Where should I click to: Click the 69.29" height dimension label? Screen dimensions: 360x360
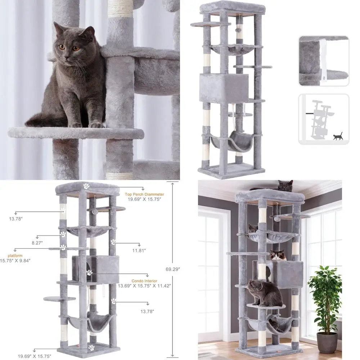pos(173,269)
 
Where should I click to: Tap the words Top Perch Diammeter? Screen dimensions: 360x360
pos(144,194)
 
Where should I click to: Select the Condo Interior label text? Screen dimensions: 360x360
pos(144,281)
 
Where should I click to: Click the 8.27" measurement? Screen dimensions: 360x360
pos(37,243)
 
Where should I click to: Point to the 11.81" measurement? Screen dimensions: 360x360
pos(139,251)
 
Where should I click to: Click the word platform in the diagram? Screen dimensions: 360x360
pos(15,256)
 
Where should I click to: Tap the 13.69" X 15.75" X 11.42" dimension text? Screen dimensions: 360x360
pos(144,286)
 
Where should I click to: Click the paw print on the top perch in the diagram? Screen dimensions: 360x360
pos(86,186)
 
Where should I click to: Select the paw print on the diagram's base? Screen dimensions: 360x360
pos(91,347)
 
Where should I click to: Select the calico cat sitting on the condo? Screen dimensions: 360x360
pos(278,255)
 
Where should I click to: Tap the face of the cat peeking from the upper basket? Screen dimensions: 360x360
pos(253,229)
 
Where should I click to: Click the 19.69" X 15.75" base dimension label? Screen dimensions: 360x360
pos(35,356)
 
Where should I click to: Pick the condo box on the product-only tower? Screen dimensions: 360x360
pos(224,88)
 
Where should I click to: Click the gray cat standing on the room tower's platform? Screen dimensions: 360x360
pos(265,293)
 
